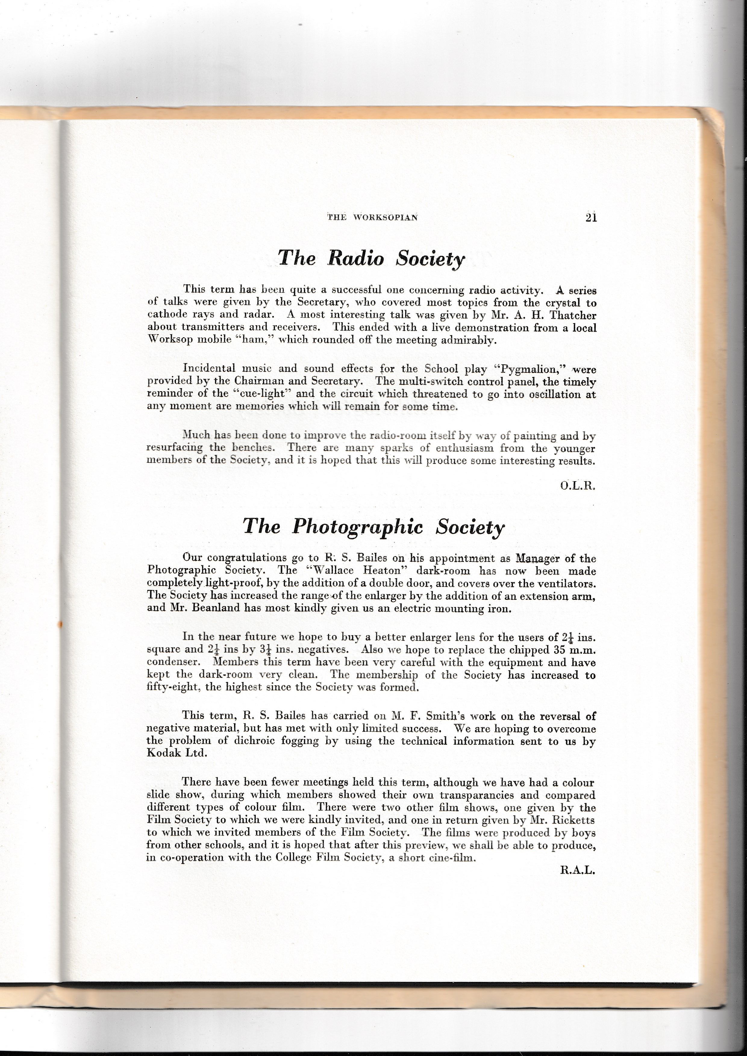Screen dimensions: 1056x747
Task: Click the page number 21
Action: click(x=591, y=217)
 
